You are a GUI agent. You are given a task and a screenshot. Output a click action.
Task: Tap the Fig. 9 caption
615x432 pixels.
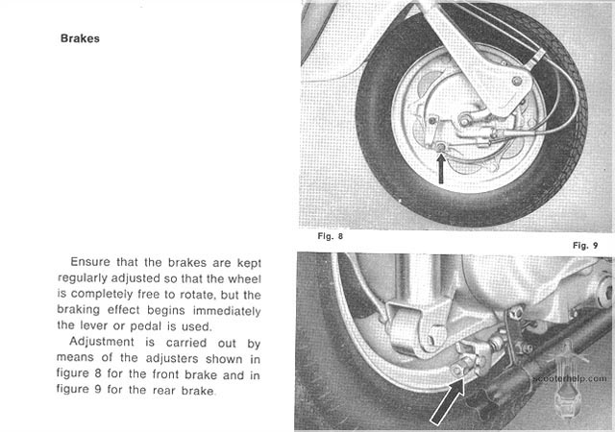pyautogui.click(x=585, y=245)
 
